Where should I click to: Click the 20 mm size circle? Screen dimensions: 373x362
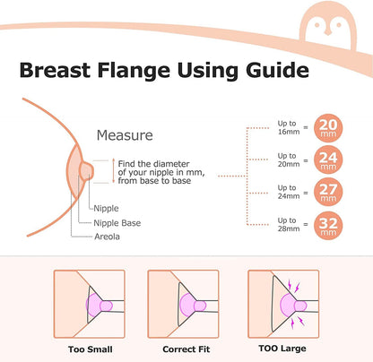[328, 128]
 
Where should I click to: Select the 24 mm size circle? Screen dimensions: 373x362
[328, 160]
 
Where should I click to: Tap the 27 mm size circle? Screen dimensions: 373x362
[328, 193]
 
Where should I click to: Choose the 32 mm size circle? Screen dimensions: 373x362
[328, 226]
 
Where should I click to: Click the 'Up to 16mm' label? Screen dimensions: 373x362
[289, 127]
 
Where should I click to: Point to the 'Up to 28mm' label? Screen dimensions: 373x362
[289, 225]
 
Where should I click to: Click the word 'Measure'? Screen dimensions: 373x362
[125, 135]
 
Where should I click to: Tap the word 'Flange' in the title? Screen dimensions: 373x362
[134, 71]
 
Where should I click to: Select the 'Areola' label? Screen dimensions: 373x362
[107, 237]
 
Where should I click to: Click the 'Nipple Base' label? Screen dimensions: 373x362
[117, 223]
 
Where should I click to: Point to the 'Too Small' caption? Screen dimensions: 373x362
[91, 349]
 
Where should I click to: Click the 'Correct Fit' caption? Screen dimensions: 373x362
[186, 349]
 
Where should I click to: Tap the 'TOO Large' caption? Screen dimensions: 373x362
[282, 349]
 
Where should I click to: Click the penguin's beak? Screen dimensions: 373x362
[328, 32]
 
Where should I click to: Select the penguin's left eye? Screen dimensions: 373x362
[317, 25]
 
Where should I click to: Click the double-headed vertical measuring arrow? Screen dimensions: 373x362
[113, 171]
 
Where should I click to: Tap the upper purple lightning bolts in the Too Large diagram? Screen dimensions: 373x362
[293, 286]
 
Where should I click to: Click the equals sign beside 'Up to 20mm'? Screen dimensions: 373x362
[306, 160]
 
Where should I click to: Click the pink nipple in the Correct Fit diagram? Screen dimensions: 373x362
[200, 306]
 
